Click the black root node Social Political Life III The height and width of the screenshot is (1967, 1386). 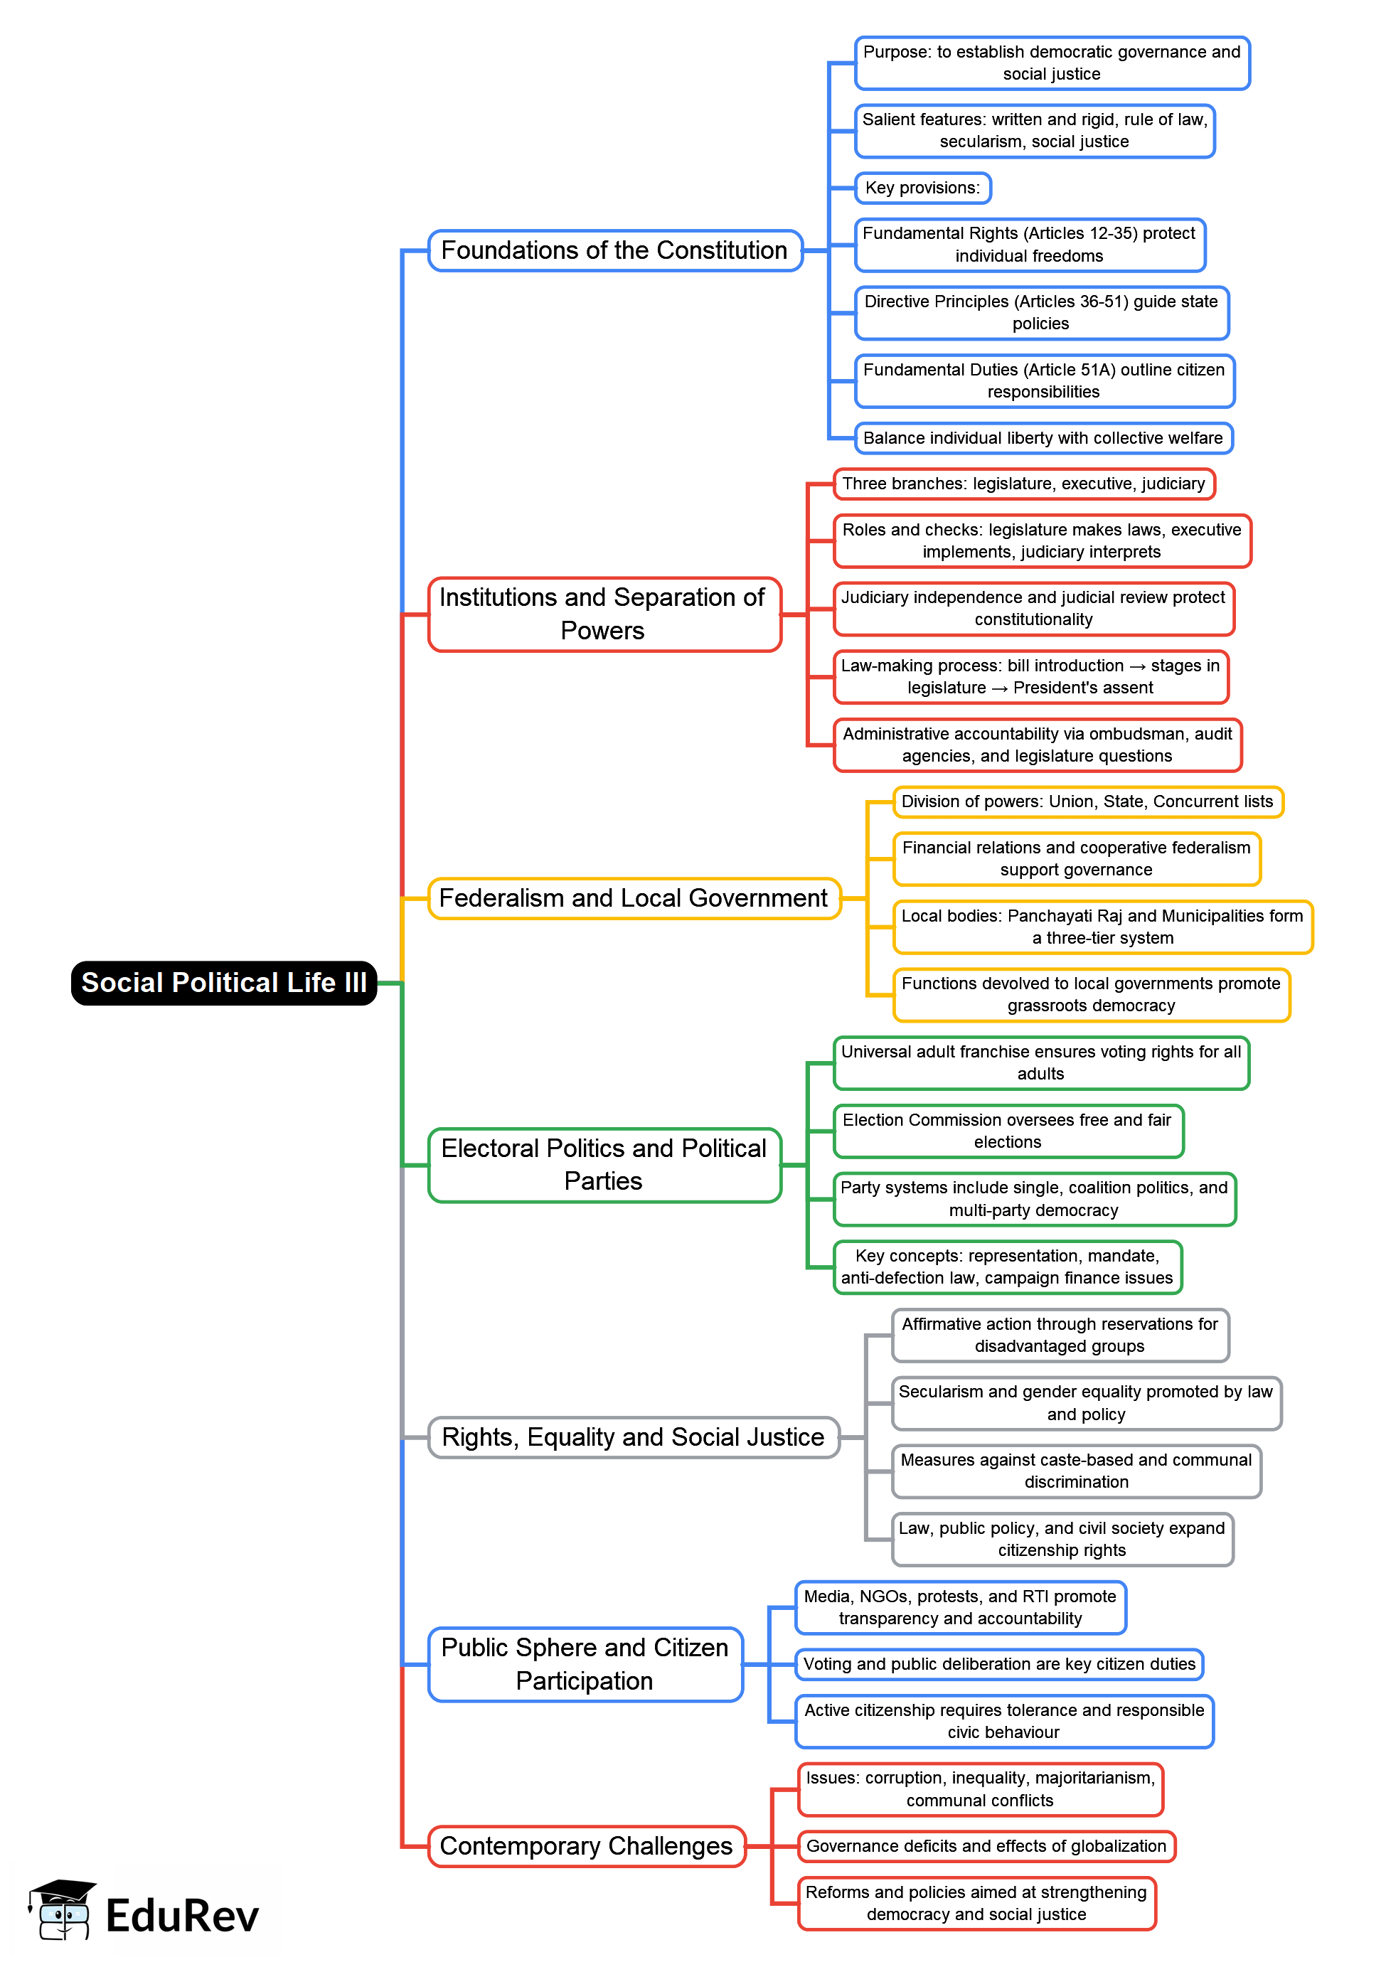223,983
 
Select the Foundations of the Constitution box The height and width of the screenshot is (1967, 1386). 614,250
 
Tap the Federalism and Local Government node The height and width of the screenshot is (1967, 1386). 633,898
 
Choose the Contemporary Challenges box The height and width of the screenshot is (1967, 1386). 586,1845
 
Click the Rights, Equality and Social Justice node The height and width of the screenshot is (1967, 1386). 633,1436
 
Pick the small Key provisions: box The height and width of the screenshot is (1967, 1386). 922,188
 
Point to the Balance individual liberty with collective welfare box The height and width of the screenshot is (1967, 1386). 1043,438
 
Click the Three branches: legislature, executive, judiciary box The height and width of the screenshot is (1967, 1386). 1023,483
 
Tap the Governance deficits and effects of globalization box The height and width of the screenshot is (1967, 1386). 985,1845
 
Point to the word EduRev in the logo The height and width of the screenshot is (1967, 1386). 181,1916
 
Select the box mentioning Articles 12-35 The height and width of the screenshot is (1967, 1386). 1029,244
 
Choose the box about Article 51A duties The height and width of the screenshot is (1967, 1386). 1043,380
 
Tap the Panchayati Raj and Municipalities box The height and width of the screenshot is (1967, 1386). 1102,926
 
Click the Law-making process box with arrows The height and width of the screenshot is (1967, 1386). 1030,676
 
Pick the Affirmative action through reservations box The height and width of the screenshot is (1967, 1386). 1059,1335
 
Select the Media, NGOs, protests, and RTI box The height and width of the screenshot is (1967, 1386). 959,1607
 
